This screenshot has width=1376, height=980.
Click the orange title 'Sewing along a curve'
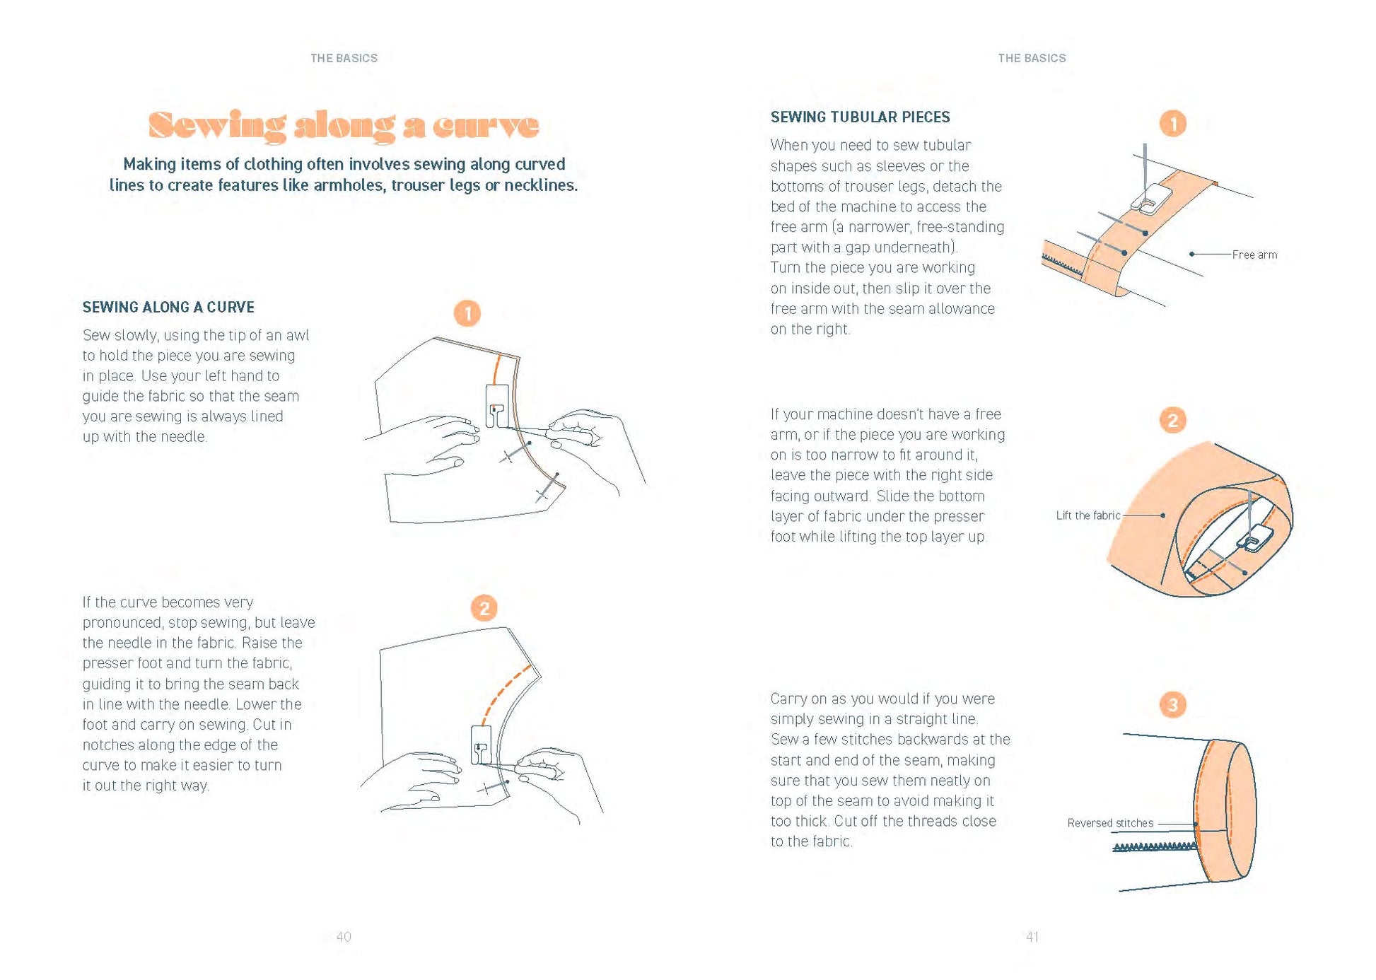tap(344, 125)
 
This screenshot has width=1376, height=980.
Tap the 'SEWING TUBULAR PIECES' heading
tap(860, 117)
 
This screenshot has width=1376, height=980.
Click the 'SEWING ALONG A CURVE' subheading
tap(168, 307)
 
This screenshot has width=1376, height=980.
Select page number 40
tap(344, 937)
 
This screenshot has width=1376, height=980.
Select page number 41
tap(1032, 937)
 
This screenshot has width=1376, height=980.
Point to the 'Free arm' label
tap(1254, 255)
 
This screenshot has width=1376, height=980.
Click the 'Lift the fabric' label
tap(1088, 515)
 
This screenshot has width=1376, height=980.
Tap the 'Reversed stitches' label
tap(1110, 823)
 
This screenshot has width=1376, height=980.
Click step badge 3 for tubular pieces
tap(1173, 704)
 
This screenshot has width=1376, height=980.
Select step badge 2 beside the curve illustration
tap(484, 608)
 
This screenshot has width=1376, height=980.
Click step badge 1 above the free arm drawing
tap(1173, 124)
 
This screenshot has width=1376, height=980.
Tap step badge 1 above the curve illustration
tap(467, 313)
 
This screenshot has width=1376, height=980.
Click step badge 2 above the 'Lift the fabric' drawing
tap(1173, 421)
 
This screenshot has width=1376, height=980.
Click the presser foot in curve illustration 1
tap(497, 406)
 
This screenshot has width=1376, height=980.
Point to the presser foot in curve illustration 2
tap(481, 745)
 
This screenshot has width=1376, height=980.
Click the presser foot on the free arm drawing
tap(1151, 197)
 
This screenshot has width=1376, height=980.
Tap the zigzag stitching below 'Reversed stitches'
tap(1154, 846)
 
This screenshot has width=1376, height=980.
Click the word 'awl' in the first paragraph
tap(298, 335)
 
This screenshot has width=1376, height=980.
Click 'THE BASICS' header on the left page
tap(344, 58)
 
